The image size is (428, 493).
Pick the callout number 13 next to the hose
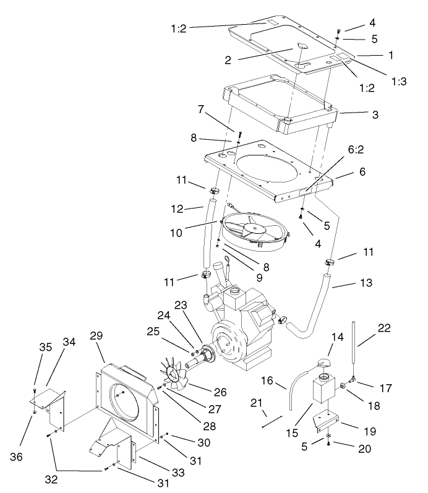coord(366,283)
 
